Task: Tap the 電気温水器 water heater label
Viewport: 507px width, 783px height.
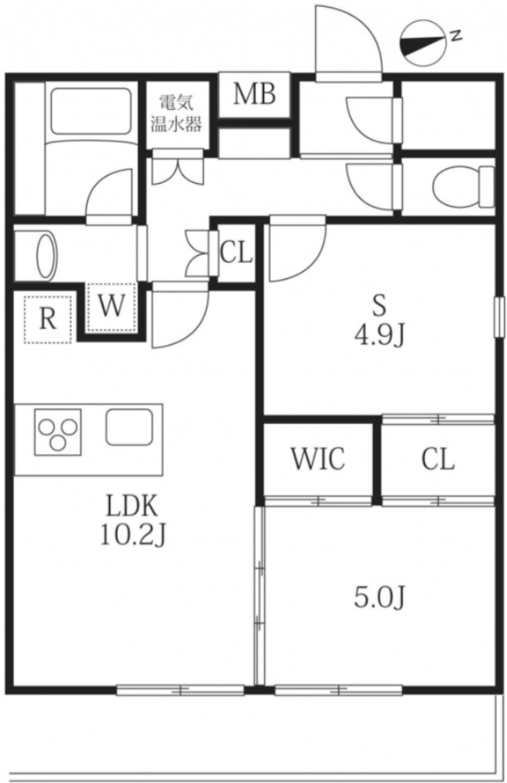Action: [x=177, y=114]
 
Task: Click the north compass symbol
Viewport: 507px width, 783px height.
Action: [x=422, y=43]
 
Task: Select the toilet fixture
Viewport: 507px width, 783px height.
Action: [x=464, y=186]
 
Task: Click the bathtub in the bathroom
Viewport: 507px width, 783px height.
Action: [x=91, y=111]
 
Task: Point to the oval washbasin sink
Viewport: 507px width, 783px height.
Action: [x=47, y=255]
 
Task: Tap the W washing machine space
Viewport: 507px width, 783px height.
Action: [x=111, y=307]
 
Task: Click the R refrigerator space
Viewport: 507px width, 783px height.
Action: [x=48, y=318]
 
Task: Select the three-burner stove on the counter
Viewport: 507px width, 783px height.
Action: [x=57, y=432]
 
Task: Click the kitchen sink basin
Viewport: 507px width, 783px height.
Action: [x=130, y=427]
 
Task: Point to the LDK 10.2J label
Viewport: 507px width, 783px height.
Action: [x=133, y=519]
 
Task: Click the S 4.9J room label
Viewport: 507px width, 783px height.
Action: [x=379, y=320]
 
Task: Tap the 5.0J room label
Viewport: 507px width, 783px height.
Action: [x=379, y=597]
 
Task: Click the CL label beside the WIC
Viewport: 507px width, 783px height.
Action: [x=438, y=459]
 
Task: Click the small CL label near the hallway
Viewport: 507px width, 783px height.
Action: [x=237, y=253]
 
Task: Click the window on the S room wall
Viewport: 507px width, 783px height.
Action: [x=498, y=318]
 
